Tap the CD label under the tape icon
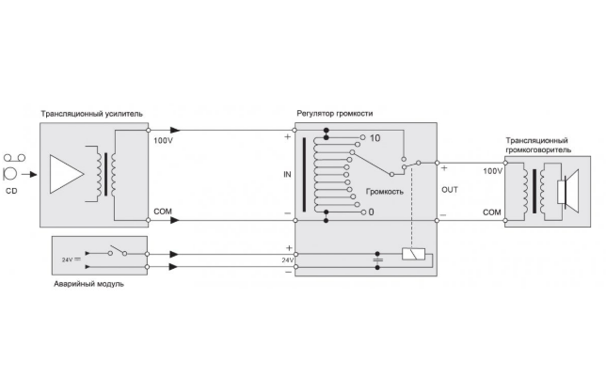(x=12, y=191)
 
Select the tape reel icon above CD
(x=12, y=165)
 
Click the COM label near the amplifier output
(x=163, y=211)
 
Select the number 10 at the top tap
(x=375, y=138)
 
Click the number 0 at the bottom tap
(x=372, y=212)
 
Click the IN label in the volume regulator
(x=288, y=175)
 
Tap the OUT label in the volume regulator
(x=449, y=189)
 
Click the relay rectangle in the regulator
(x=410, y=254)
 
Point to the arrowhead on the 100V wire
(x=176, y=131)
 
